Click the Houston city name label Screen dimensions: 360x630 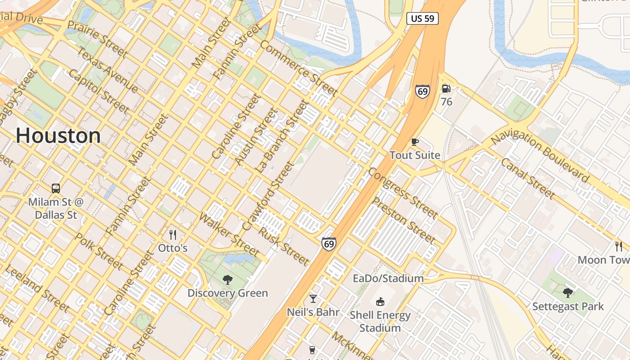coord(58,135)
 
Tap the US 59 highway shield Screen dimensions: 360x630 coord(422,18)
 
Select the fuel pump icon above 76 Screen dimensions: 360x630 coord(446,89)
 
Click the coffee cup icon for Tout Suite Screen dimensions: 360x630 coord(415,142)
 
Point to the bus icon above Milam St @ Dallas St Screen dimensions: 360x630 coord(56,188)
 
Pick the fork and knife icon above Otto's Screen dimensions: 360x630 coord(172,234)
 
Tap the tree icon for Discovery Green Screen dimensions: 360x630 coord(228,280)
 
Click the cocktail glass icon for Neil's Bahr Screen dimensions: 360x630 coord(313,298)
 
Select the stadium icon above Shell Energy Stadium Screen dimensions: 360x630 coord(380,301)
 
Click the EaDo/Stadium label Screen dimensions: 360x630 coord(388,279)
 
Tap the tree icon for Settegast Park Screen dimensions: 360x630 coord(568,293)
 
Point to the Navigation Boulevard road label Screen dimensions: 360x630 coord(540,154)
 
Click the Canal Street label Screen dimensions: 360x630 coord(527,178)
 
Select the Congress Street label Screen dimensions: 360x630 coord(403,193)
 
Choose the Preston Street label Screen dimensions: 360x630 coord(404,220)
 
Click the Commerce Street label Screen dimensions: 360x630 coord(298,68)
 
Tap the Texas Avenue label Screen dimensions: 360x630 coord(108,69)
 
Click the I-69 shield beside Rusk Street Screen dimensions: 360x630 coord(329,244)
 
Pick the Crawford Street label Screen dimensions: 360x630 coord(268,196)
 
